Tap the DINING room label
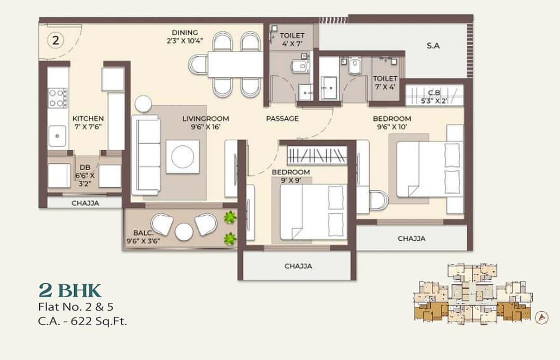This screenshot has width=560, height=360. click(184, 35)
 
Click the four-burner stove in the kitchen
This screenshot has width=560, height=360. click(58, 98)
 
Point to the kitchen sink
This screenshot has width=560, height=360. click(58, 136)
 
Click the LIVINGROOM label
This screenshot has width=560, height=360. click(205, 119)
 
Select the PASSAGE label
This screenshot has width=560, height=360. click(282, 119)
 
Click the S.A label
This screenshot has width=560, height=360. click(433, 46)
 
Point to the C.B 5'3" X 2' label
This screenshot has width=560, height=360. click(433, 98)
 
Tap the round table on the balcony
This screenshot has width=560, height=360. click(184, 232)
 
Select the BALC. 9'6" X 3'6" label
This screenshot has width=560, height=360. click(143, 237)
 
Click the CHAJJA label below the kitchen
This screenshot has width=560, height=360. click(85, 203)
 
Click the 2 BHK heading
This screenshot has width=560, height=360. click(69, 289)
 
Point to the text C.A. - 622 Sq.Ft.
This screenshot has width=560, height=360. click(82, 321)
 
